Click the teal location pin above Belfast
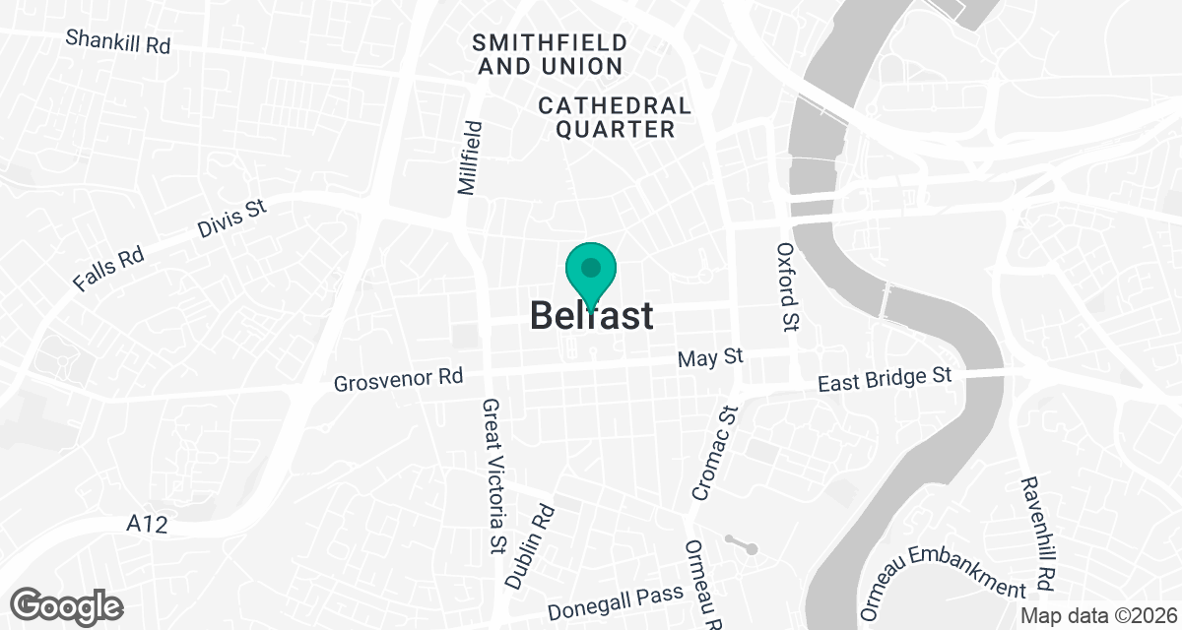click(591, 270)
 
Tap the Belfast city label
click(591, 316)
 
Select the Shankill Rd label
click(117, 41)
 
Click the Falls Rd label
click(108, 269)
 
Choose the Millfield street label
click(472, 157)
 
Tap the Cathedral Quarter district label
click(615, 117)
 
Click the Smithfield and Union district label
click(549, 54)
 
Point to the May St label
click(710, 358)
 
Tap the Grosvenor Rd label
click(398, 379)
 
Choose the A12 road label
click(147, 526)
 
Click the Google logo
click(68, 604)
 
